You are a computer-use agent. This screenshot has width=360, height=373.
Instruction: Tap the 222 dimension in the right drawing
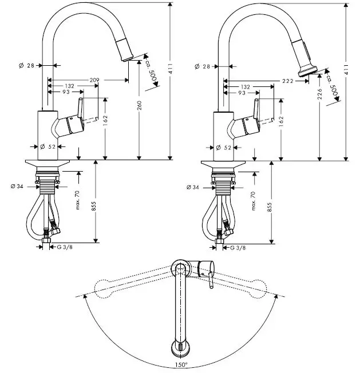coord(287,81)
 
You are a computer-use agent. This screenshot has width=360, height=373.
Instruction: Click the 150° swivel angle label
coord(181,364)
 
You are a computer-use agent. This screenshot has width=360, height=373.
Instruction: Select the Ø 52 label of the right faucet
coord(224,148)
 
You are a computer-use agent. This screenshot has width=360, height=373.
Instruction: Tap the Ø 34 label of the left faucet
coord(18,186)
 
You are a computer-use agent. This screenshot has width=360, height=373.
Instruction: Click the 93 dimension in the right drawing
coord(243,92)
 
